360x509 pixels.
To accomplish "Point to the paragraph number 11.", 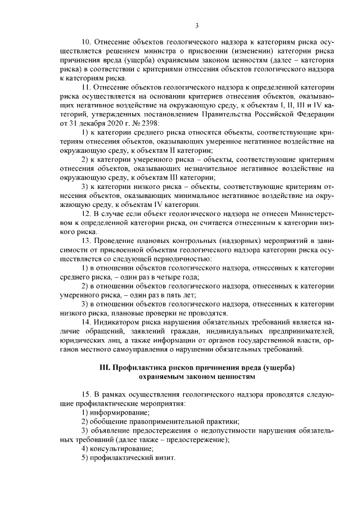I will coord(86,88).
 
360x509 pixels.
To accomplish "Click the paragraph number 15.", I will coord(86,395).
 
